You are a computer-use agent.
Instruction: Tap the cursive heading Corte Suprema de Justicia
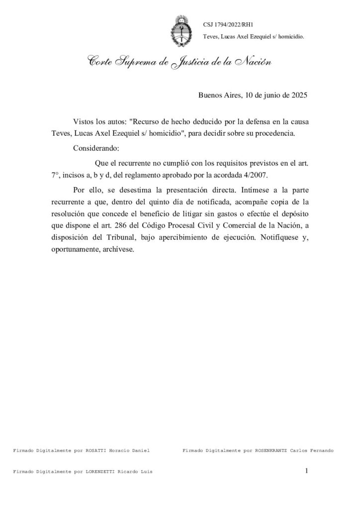point(173,63)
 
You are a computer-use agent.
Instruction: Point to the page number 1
point(307,470)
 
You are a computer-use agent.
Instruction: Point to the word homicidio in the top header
point(288,37)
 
